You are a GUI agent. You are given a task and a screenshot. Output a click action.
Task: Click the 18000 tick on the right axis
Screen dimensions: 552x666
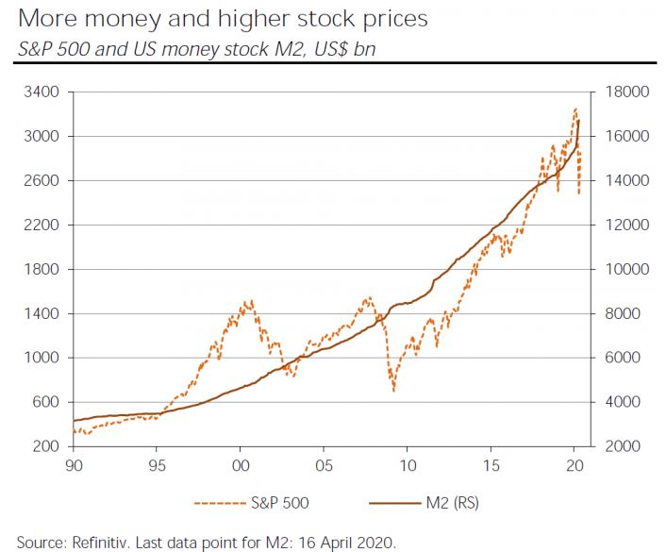point(618,92)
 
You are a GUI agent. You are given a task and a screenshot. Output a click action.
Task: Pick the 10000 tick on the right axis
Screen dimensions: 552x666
point(618,269)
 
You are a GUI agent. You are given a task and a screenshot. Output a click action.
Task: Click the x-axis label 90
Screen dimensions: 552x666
point(73,465)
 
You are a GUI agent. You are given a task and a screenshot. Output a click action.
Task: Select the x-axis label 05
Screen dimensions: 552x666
point(324,465)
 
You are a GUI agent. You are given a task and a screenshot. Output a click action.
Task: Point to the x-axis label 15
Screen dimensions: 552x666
point(491,465)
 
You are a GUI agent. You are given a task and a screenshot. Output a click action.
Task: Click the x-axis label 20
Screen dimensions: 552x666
point(574,465)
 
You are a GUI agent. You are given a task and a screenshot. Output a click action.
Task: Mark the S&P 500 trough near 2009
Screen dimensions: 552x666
point(393,390)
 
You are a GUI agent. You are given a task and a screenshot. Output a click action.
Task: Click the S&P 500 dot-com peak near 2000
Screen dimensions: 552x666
point(248,301)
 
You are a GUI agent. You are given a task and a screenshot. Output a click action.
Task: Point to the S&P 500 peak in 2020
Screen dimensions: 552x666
point(575,109)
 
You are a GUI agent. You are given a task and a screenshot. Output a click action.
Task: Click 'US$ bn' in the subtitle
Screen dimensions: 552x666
point(344,48)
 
